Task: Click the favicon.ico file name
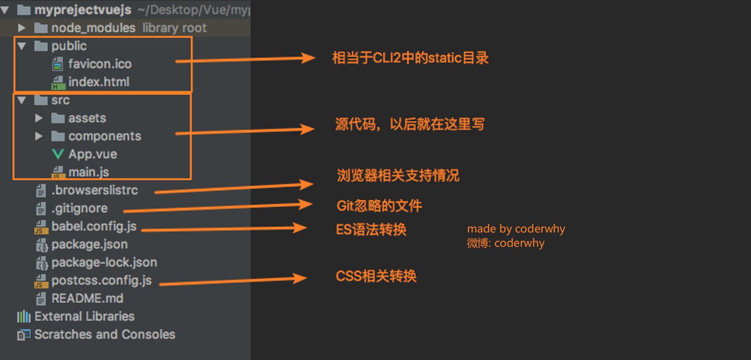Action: point(100,64)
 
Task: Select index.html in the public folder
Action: point(99,82)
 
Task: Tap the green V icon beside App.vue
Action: point(58,154)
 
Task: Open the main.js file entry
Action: point(88,172)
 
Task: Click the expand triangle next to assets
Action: point(39,118)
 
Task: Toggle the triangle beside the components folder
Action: point(39,136)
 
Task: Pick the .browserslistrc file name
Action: point(95,190)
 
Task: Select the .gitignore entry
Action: point(79,208)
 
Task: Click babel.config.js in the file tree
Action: point(94,227)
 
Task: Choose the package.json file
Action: point(89,244)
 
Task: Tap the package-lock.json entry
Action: point(104,262)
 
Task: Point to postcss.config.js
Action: point(102,281)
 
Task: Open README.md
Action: point(87,299)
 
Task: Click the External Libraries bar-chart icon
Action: point(24,316)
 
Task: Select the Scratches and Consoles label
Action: point(105,335)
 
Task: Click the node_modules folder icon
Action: point(41,28)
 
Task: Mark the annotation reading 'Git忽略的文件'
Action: point(379,206)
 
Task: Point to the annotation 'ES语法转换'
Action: point(371,230)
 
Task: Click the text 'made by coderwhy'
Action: point(516,229)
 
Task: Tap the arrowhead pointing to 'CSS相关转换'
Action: point(300,278)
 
